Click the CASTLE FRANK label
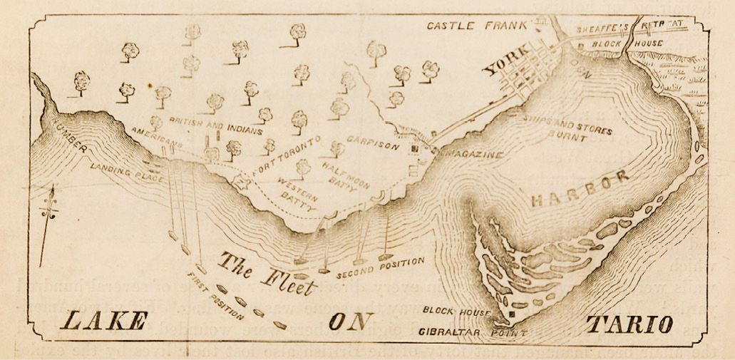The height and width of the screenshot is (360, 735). point(477,26)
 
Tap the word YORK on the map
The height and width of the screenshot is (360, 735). point(507,62)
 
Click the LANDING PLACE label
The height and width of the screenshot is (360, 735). point(128,171)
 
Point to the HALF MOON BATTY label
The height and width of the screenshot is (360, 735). point(346,174)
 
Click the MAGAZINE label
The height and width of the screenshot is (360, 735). point(475,155)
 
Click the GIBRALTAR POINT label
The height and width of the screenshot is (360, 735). point(474,332)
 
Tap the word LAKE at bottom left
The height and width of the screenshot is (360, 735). point(103,322)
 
